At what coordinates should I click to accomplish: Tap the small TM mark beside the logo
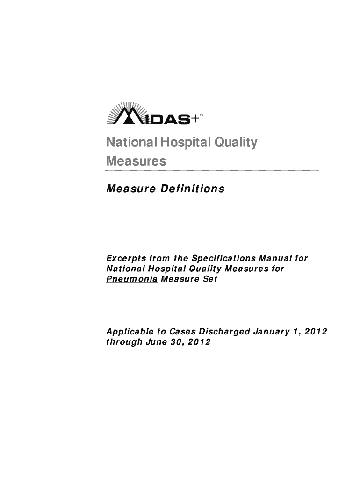[x=202, y=115]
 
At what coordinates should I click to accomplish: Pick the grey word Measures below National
[x=136, y=161]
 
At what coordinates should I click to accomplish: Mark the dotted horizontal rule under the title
[x=212, y=171]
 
